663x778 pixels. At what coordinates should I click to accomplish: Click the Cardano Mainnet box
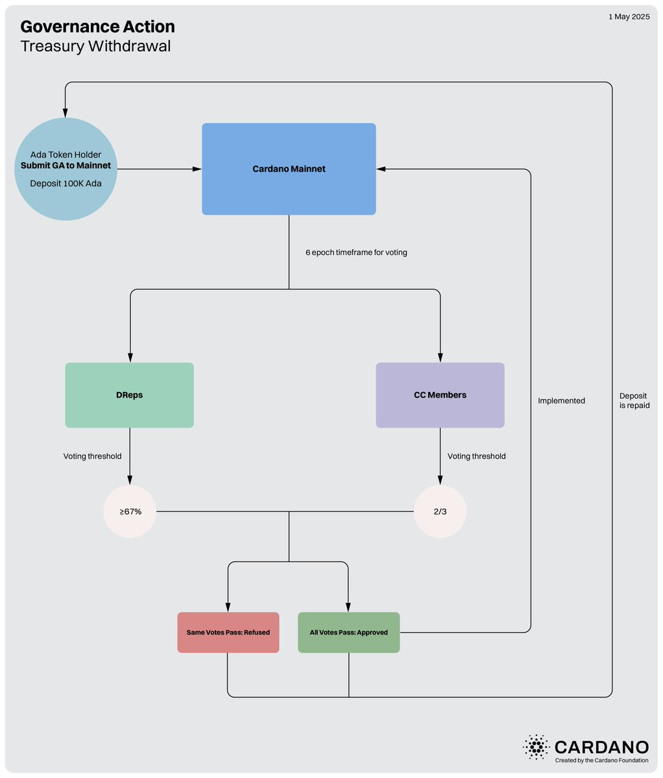[x=289, y=169]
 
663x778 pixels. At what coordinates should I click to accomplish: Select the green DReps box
[x=130, y=395]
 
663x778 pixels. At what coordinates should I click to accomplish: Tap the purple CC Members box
[x=440, y=395]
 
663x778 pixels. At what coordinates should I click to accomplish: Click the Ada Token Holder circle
[x=66, y=169]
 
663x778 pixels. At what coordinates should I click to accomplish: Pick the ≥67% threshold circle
[x=130, y=511]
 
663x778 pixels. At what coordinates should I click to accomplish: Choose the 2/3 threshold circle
[x=440, y=511]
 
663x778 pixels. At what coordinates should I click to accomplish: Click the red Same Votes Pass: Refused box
[x=228, y=632]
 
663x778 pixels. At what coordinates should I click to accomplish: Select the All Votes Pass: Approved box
[x=348, y=632]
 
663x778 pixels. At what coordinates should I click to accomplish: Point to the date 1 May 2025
[x=629, y=17]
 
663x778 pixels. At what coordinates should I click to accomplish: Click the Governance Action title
[x=98, y=27]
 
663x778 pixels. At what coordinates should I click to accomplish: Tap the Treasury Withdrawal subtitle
[x=96, y=46]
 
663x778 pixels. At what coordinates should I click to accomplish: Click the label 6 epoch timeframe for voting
[x=356, y=252]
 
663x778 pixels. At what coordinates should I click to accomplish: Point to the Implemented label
[x=561, y=401]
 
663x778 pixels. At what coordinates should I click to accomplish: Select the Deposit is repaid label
[x=634, y=400]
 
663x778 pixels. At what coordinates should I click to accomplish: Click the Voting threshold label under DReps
[x=92, y=456]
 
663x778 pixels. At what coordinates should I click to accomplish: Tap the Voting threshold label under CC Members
[x=477, y=456]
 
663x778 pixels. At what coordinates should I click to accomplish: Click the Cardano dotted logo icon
[x=536, y=748]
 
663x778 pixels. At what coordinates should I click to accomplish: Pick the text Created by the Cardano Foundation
[x=601, y=760]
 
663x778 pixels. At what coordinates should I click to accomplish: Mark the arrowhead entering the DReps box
[x=130, y=358]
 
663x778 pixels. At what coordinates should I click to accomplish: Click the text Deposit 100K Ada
[x=66, y=184]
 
